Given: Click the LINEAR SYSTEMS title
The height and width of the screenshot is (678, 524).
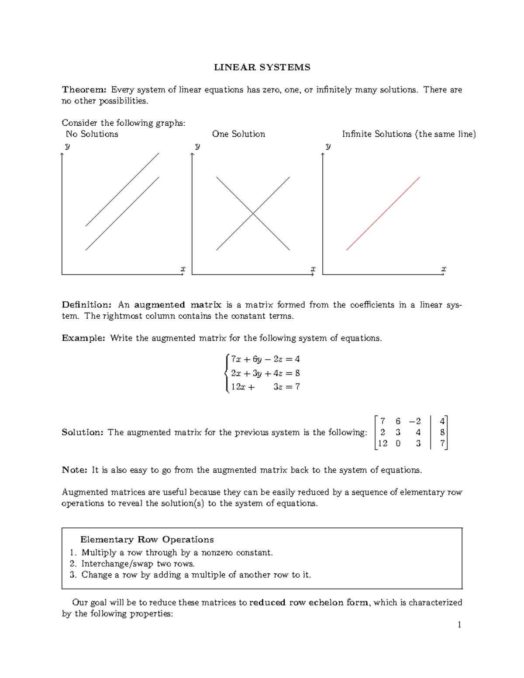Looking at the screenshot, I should (262, 67).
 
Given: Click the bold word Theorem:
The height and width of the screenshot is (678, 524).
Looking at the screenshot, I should (84, 89).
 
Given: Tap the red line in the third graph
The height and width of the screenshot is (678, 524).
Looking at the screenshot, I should (383, 213).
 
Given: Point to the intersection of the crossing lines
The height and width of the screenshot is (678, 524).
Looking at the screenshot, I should (253, 213).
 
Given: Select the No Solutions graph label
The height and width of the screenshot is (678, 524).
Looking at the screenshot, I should (92, 134).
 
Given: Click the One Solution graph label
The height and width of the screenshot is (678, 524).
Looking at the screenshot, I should (238, 134).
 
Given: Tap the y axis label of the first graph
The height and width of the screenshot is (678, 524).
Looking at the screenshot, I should (67, 146).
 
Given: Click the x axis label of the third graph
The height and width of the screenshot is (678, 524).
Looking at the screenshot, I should (444, 269).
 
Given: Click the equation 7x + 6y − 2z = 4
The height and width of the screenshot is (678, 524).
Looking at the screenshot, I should (265, 359).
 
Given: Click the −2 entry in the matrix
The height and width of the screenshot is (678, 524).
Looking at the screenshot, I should (415, 421).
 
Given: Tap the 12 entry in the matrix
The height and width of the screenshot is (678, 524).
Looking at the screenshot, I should (383, 444).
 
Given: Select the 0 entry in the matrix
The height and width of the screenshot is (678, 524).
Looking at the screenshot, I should (398, 444).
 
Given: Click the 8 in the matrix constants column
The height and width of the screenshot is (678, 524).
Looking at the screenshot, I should (442, 432).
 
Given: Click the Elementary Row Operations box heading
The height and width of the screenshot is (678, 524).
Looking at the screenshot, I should (147, 540).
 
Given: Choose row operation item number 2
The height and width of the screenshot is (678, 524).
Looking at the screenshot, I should (132, 564).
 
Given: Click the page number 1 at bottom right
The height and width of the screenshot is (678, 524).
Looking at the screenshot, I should (459, 625).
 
